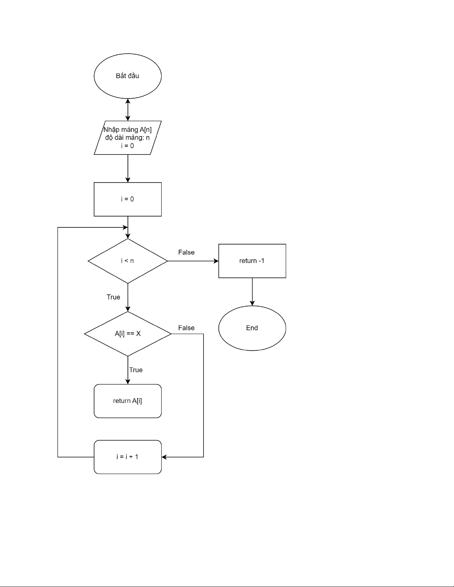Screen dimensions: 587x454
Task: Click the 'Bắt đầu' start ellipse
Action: [127, 76]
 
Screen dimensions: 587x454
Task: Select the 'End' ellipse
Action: [252, 328]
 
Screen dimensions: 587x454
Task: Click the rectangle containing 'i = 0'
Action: [127, 199]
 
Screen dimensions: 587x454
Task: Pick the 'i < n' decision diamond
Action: [127, 261]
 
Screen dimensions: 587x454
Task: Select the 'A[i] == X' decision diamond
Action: [127, 334]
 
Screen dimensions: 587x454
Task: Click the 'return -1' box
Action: [252, 261]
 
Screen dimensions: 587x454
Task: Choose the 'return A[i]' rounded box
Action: [127, 401]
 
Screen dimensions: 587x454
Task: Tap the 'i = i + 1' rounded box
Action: [127, 457]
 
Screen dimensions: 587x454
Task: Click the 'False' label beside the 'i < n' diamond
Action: [186, 252]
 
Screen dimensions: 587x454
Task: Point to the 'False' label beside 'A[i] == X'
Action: [186, 328]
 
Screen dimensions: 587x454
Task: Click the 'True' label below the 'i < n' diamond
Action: [113, 297]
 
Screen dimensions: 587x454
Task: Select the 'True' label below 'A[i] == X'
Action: [136, 370]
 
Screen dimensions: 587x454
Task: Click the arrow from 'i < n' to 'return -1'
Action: [193, 261]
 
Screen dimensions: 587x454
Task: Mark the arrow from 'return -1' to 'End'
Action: [252, 291]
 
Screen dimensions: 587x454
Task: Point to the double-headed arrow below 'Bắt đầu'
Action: [128, 110]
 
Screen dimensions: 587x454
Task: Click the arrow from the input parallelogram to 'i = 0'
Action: [128, 168]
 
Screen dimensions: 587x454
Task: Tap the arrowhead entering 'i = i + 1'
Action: [164, 457]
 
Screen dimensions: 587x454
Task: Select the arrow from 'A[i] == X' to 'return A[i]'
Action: [128, 370]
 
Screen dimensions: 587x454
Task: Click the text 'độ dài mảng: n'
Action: [127, 138]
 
